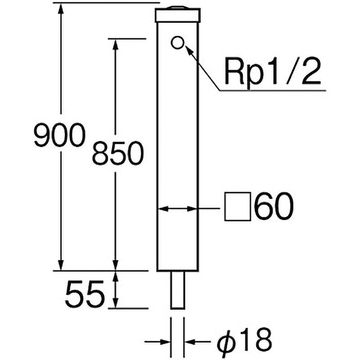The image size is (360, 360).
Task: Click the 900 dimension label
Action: coord(60,135)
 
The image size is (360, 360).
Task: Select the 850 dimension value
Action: coord(118,153)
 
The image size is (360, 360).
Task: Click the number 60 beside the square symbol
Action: coord(274,207)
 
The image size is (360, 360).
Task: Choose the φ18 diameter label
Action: coord(244,341)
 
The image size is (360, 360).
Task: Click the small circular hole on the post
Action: coord(177,42)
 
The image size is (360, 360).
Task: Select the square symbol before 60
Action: coord(238,207)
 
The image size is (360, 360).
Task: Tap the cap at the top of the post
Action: coord(178,15)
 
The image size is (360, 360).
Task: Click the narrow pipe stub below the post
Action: coord(177,290)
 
